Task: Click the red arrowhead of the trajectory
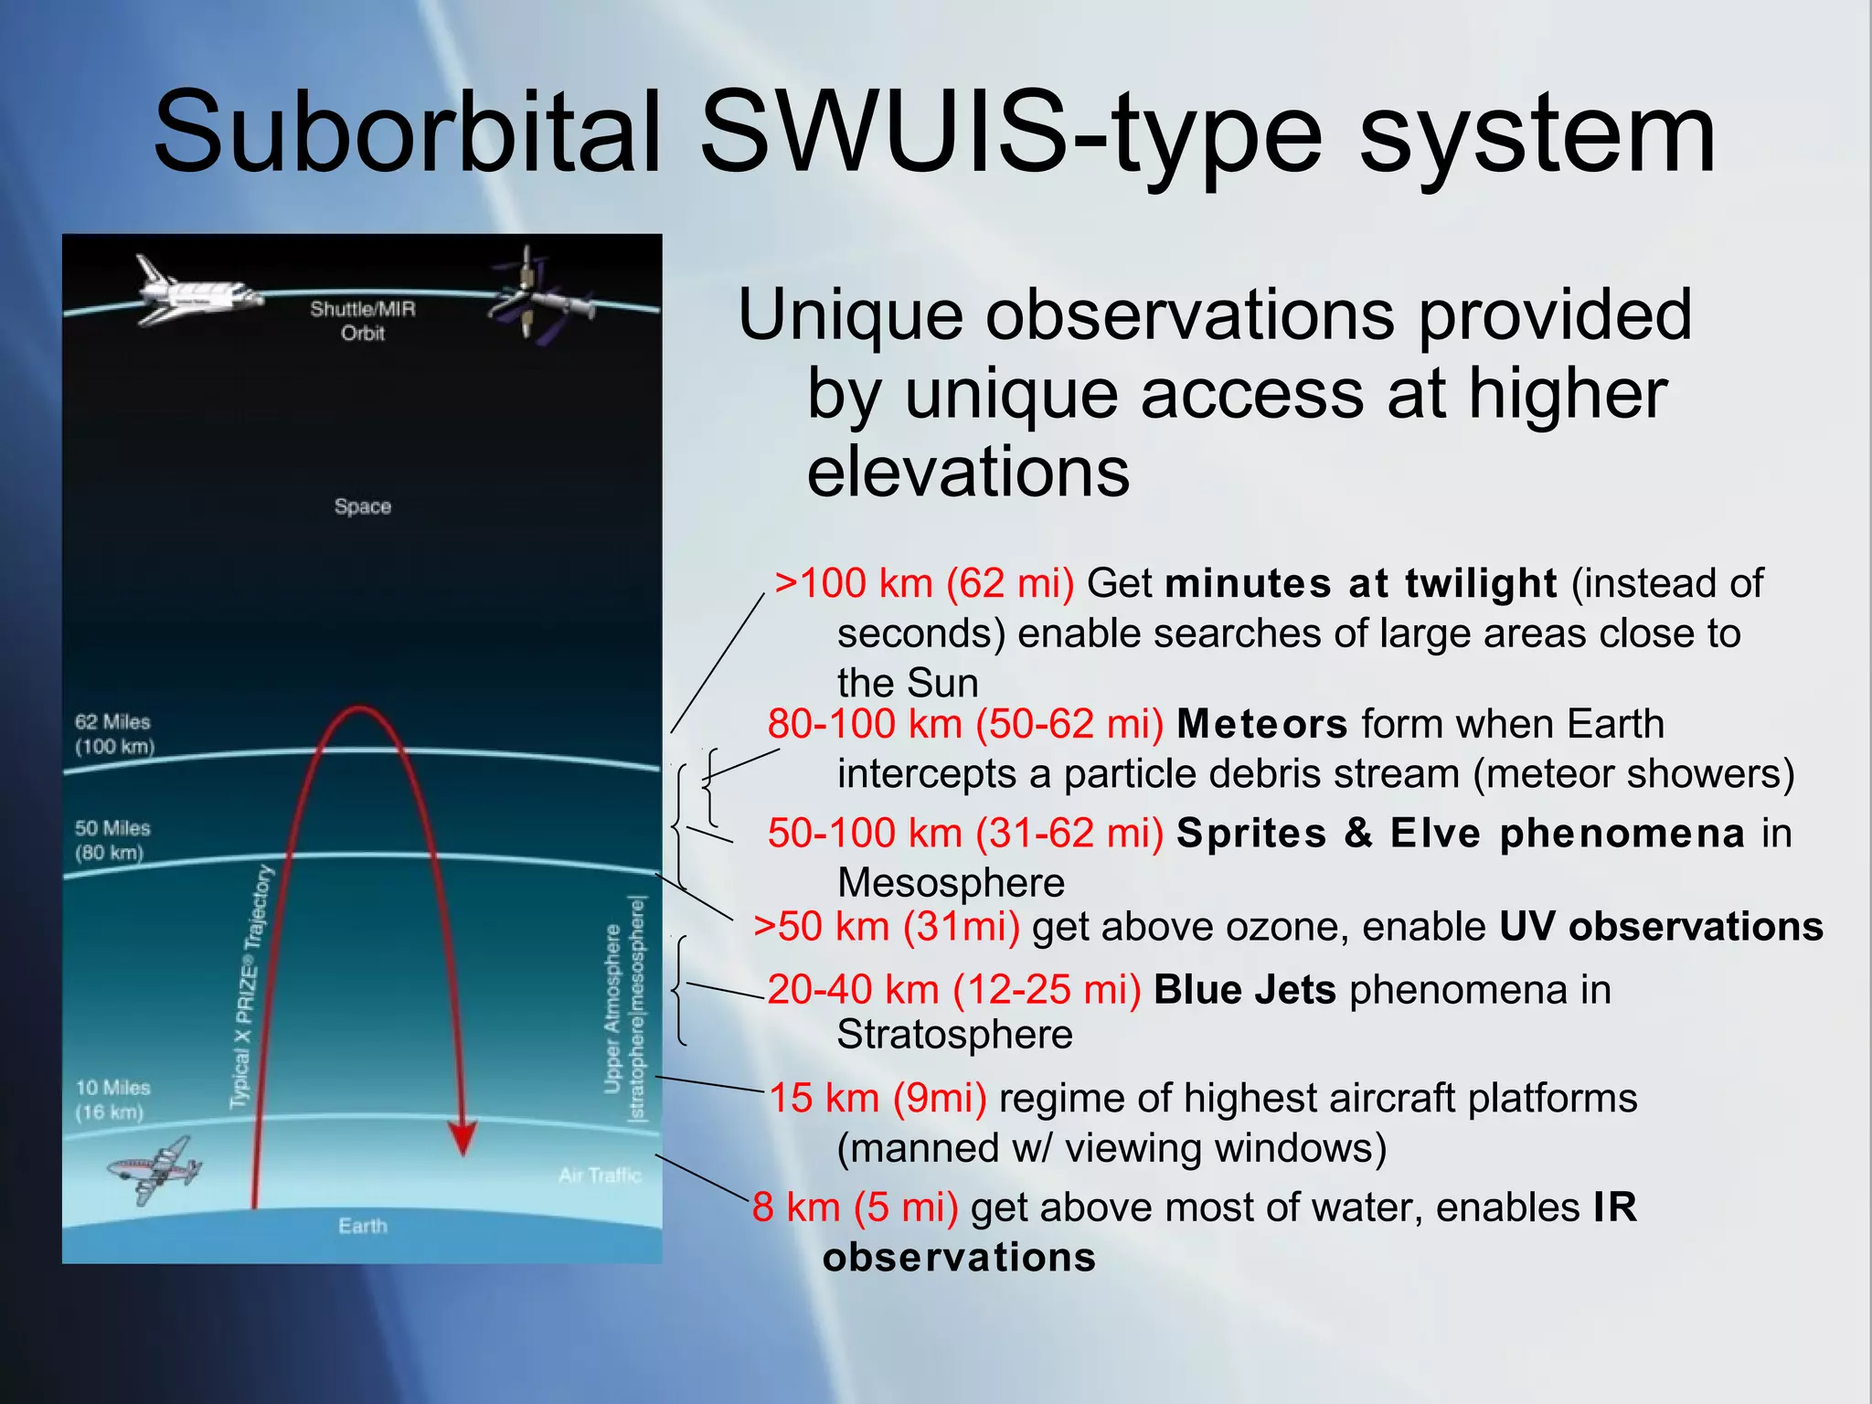(463, 1138)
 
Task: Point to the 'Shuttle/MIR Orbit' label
(362, 321)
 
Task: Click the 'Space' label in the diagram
(362, 506)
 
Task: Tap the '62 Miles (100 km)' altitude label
(114, 734)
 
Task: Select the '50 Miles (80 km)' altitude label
(112, 840)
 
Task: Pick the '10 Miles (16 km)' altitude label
(112, 1100)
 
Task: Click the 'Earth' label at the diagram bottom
(362, 1226)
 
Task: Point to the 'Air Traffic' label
(600, 1175)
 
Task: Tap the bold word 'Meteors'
(1261, 724)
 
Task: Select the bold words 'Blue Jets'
(1245, 990)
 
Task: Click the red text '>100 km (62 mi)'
(924, 583)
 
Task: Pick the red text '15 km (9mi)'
(877, 1098)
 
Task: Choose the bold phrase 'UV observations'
(1661, 927)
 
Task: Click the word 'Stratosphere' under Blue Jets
(954, 1035)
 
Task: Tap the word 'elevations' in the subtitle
(968, 472)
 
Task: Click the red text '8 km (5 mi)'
(855, 1207)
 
